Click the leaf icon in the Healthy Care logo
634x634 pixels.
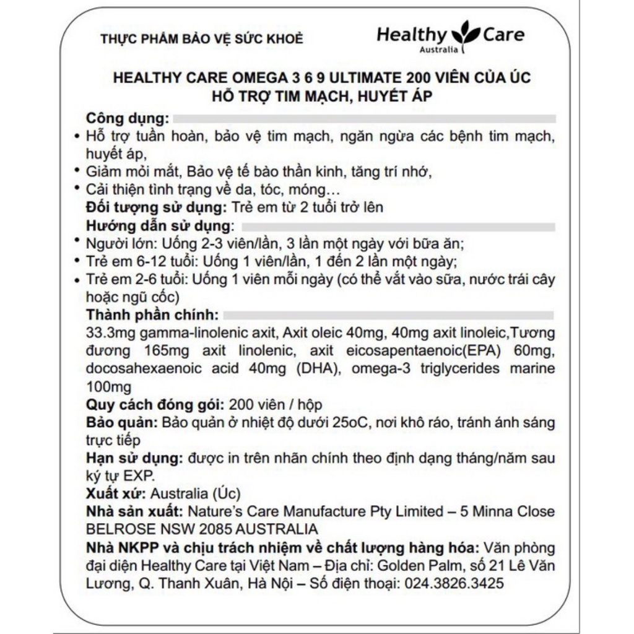coord(466,32)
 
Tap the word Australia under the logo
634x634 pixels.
coord(439,50)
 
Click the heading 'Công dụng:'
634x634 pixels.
coord(127,118)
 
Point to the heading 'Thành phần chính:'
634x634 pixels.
coord(152,314)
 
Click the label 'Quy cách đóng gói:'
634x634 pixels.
coord(155,405)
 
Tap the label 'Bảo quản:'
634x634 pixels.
coord(122,423)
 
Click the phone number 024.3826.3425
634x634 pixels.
coord(454,584)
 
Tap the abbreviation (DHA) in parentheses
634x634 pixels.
coord(321,370)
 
